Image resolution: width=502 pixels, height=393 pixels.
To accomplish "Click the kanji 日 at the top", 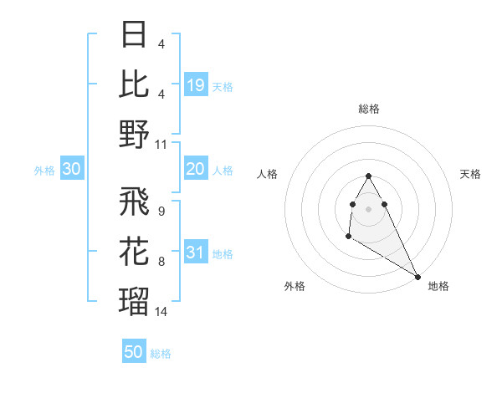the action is point(135,35).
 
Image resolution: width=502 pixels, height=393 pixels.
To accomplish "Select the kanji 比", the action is point(135,84).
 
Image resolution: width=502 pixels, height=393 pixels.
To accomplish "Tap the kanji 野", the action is point(135,134).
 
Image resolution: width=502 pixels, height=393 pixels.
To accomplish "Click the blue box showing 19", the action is point(196,84).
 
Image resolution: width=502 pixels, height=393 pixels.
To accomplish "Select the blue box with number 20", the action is point(196,170).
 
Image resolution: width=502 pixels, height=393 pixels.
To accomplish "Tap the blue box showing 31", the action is point(196,253).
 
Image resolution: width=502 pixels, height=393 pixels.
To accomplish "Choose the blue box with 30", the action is point(71,170).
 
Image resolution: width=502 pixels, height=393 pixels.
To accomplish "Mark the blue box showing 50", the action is point(134,352).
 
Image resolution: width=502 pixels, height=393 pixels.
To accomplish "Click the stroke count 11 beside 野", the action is point(161,144).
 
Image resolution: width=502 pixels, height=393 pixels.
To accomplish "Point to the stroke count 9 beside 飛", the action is point(161,212).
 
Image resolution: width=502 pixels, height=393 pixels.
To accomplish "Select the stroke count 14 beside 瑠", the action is point(161,311).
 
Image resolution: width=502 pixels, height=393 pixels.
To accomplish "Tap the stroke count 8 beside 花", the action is point(161,262).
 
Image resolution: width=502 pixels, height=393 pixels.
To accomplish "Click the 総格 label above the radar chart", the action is point(369,109).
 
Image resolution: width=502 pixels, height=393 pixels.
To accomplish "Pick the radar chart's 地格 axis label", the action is point(438,286).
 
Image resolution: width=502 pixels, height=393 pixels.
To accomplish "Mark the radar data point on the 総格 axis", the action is point(368,176).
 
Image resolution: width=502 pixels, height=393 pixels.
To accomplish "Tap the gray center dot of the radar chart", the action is point(368,207).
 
